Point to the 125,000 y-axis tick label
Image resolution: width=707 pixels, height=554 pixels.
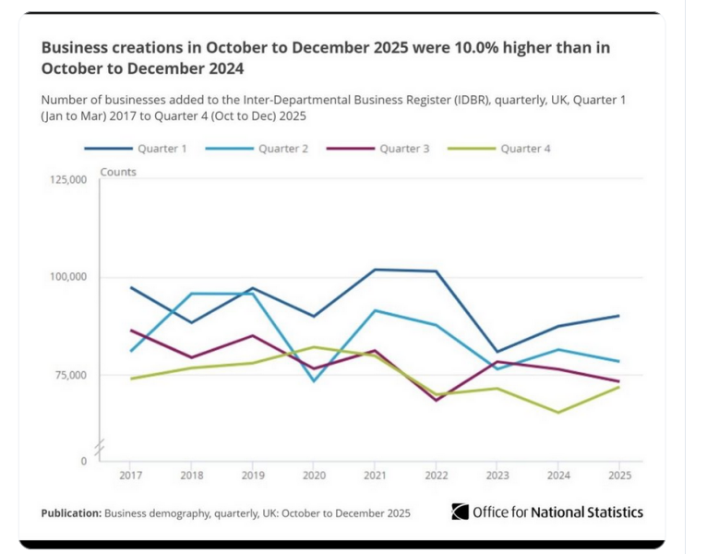[x=67, y=179]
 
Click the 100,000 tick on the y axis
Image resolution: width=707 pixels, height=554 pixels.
[x=67, y=277]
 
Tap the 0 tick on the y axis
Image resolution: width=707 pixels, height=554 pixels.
[x=83, y=461]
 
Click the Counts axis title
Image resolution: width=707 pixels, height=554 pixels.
[x=118, y=173]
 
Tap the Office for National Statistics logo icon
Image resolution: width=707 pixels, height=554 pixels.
[x=460, y=512]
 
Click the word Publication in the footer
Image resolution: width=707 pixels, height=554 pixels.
[x=71, y=512]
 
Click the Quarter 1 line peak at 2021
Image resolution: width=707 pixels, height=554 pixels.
[x=375, y=270]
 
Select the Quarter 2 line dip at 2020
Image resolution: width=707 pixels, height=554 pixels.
[x=314, y=381]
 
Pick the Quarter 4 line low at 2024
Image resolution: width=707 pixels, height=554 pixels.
[x=557, y=412]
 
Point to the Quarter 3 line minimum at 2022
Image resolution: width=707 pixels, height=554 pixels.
[x=436, y=400]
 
